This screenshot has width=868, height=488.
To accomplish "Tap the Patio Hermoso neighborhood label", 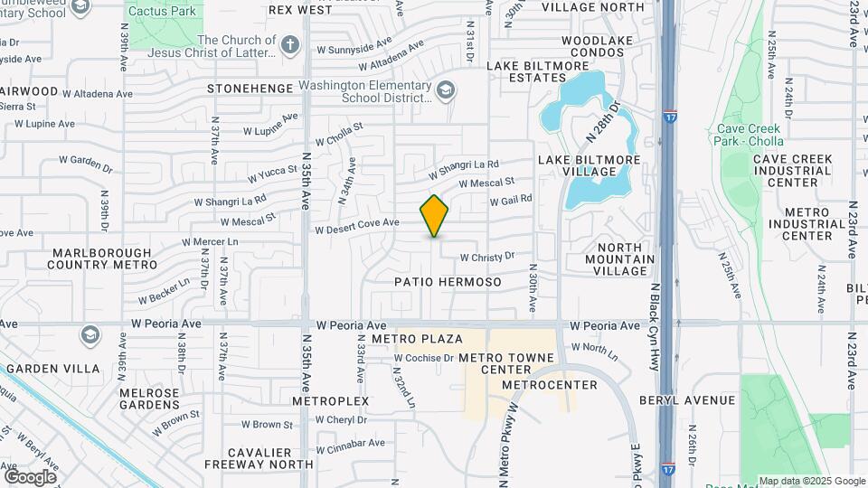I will (448, 282).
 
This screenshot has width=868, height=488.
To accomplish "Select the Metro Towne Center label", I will (506, 363).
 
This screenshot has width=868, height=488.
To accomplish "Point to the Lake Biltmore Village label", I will (590, 165).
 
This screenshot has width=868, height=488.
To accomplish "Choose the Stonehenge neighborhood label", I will (250, 89).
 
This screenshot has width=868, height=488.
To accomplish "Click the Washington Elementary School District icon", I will (445, 90).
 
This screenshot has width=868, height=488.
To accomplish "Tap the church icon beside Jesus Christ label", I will (289, 44).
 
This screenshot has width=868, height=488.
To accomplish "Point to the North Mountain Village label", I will (620, 259).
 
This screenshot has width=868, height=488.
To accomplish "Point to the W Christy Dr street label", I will (486, 257).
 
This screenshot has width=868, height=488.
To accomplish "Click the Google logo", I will (30, 476).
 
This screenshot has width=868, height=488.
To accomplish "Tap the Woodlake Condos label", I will (592, 46).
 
